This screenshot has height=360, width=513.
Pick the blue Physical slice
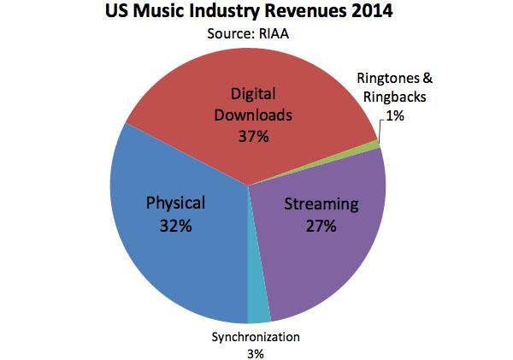click(171, 248)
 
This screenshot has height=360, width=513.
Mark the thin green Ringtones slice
click(374, 145)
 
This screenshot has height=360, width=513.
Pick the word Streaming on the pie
click(320, 204)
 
